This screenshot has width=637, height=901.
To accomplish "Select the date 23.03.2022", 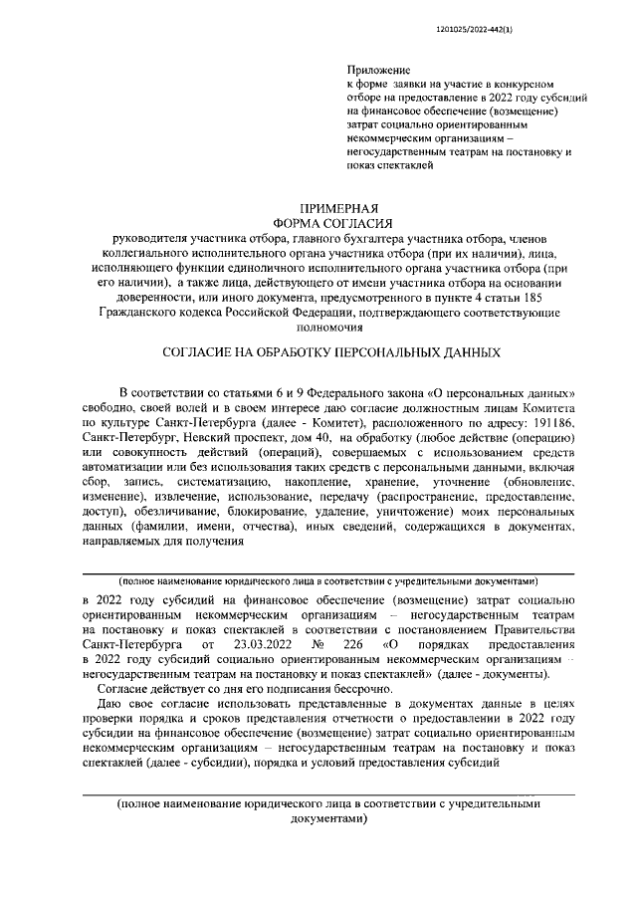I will [x=261, y=645].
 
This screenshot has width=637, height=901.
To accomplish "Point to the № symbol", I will [x=321, y=645].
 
